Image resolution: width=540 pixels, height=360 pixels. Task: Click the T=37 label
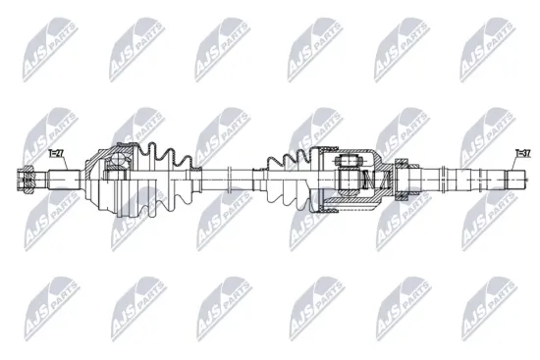pos(521,153)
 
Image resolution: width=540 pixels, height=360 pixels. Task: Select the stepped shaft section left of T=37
pos(461,180)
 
